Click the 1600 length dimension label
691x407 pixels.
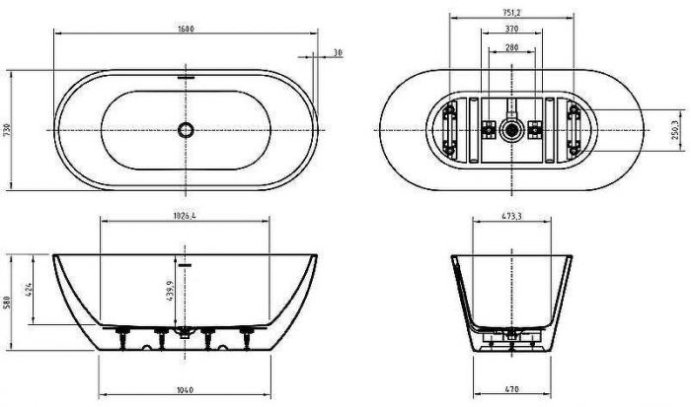click(186, 28)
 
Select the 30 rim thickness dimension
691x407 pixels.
click(338, 52)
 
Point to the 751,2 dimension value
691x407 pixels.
click(510, 14)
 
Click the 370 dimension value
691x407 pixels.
click(510, 31)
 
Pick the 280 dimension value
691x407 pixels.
click(510, 46)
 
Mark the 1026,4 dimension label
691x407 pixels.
click(186, 215)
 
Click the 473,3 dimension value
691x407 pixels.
click(510, 215)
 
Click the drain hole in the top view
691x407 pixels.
click(186, 129)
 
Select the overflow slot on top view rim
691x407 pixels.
click(186, 73)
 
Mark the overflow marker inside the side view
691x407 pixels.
click(186, 263)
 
